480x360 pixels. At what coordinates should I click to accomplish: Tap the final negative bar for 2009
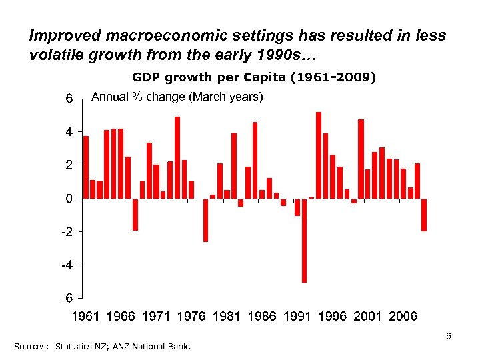tap(423, 215)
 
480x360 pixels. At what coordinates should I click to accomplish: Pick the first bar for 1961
tap(86, 167)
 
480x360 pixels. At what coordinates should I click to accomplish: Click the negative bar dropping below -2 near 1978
tap(205, 220)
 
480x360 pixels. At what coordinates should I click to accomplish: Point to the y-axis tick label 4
tap(69, 132)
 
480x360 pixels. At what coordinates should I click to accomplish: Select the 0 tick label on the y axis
tap(69, 199)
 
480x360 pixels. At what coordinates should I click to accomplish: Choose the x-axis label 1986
tap(261, 316)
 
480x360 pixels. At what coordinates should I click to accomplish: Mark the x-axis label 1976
tap(191, 316)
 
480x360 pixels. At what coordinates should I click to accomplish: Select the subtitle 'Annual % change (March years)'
tap(177, 97)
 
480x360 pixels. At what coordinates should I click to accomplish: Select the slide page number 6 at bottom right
tap(449, 336)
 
